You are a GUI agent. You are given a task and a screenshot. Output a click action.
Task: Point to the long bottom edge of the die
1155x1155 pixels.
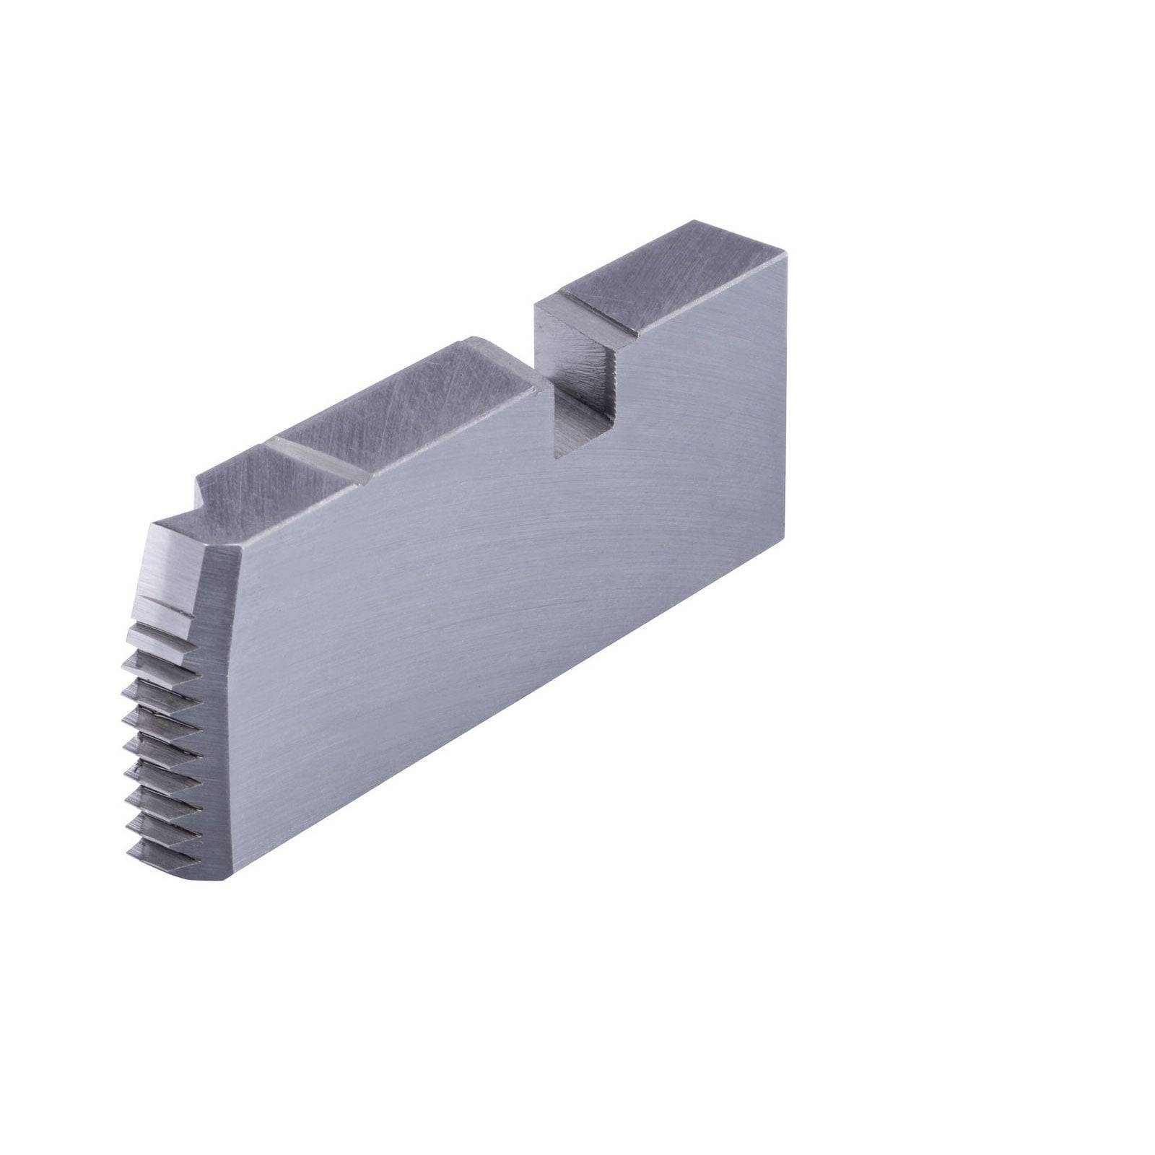point(505,722)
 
